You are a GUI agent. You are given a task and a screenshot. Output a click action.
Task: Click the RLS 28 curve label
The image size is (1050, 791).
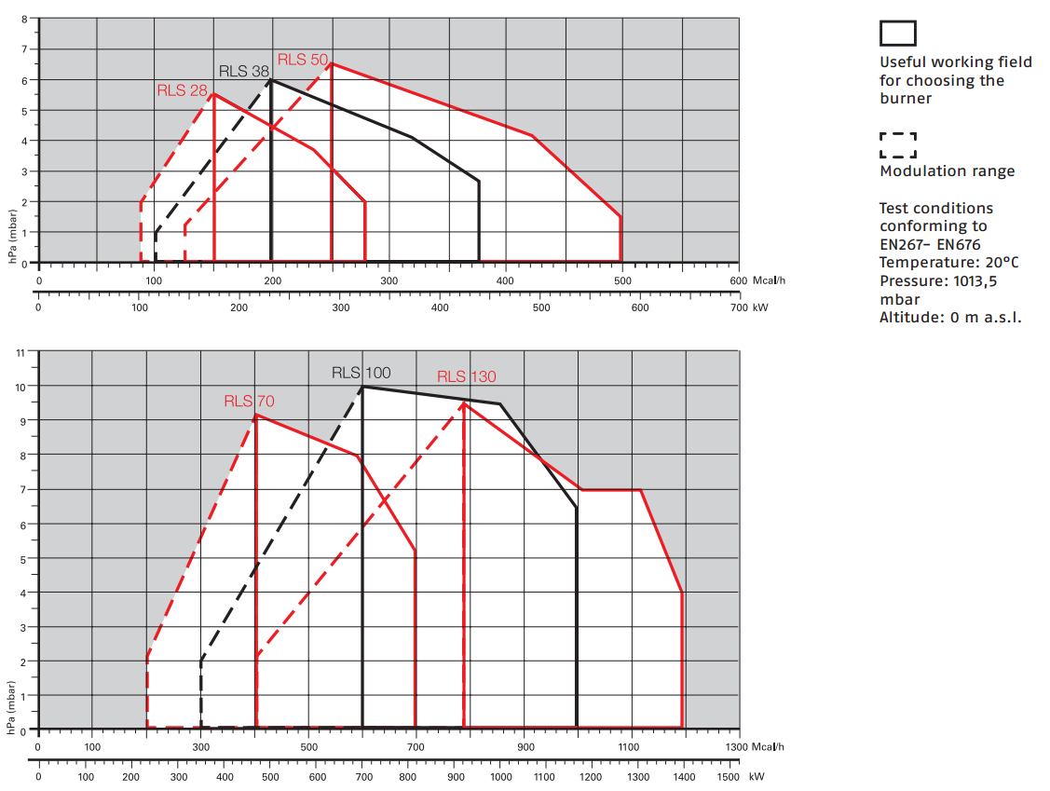pyautogui.click(x=182, y=89)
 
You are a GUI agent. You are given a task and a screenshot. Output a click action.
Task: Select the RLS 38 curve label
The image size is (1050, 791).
pyautogui.click(x=244, y=71)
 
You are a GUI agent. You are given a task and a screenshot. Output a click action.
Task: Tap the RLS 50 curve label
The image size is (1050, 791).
pyautogui.click(x=303, y=59)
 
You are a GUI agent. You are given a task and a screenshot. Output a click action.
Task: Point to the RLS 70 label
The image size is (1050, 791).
pyautogui.click(x=249, y=402)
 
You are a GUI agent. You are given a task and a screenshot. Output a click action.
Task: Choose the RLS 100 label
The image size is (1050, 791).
pyautogui.click(x=361, y=373)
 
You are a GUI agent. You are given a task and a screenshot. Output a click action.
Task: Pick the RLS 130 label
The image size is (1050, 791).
pyautogui.click(x=467, y=376)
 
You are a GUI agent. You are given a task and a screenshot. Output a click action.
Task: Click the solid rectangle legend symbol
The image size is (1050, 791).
pyautogui.click(x=898, y=34)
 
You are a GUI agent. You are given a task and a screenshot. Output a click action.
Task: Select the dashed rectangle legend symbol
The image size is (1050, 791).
pyautogui.click(x=898, y=144)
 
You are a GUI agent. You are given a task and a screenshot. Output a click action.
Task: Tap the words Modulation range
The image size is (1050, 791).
pyautogui.click(x=947, y=170)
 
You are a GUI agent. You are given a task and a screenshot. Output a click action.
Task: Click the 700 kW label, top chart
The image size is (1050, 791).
pyautogui.click(x=748, y=307)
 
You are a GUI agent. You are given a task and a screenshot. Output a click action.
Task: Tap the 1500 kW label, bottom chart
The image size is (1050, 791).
pyautogui.click(x=739, y=777)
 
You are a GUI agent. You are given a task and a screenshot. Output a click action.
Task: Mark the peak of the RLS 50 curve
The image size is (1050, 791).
pyautogui.click(x=332, y=63)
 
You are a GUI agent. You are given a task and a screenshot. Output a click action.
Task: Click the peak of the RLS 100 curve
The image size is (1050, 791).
pyautogui.click(x=362, y=387)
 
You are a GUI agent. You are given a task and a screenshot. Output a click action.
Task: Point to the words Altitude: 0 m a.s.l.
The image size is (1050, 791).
pyautogui.click(x=950, y=317)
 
